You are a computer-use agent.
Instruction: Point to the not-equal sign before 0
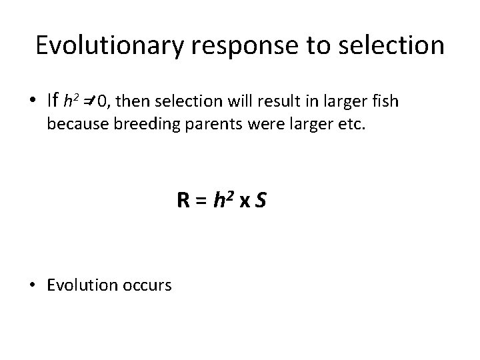89,101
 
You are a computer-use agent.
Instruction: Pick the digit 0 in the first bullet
101,101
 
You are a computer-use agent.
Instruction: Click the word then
130,101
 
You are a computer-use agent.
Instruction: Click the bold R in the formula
183,199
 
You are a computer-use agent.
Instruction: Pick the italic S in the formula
261,199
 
